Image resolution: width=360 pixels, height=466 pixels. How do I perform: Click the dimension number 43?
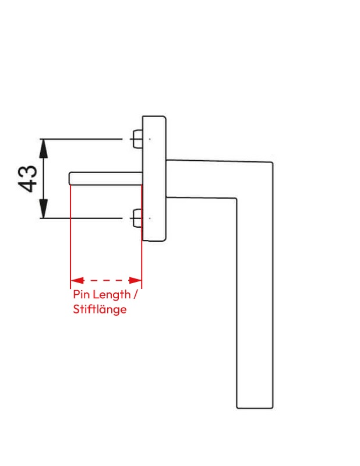[x=28, y=179]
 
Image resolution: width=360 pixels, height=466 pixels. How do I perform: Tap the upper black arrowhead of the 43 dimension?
[x=44, y=149]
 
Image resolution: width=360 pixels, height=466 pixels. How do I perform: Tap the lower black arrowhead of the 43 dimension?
[x=44, y=209]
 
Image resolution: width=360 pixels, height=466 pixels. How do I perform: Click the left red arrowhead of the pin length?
[x=77, y=280]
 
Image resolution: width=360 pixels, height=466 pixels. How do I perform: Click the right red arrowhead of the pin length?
[x=135, y=280]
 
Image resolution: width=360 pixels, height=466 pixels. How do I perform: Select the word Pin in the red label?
[x=81, y=295]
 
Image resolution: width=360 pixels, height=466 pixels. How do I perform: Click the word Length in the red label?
[x=111, y=295]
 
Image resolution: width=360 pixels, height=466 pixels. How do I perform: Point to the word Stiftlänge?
[x=100, y=310]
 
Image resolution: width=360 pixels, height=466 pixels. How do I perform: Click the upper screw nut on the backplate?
[x=137, y=139]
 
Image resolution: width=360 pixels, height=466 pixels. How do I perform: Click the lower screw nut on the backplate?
[x=137, y=218]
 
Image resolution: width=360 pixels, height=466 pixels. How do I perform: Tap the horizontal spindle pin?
[x=106, y=178]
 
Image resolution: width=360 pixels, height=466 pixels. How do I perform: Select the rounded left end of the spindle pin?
[x=69, y=178]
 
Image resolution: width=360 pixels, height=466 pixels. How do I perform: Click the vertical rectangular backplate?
[x=154, y=178]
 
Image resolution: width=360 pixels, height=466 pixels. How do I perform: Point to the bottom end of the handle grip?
[x=255, y=408]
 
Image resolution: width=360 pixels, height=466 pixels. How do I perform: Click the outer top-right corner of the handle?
[x=273, y=163]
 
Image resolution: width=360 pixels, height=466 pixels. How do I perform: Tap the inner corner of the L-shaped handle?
[x=237, y=198]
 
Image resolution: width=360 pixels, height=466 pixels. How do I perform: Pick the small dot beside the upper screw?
[x=150, y=139]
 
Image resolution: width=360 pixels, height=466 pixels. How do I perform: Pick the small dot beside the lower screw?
[x=150, y=218]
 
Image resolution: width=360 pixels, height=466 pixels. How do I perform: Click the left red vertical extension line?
[x=70, y=236]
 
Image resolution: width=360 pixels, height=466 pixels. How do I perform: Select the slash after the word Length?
[x=136, y=295]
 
